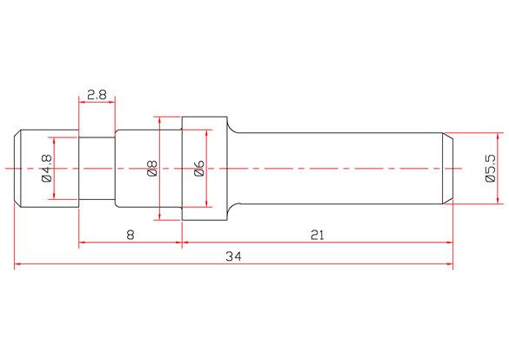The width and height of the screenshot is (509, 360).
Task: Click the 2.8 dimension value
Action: click(x=97, y=95)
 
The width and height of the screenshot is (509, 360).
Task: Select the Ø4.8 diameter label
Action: click(x=46, y=168)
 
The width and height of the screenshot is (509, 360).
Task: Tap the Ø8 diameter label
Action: click(x=151, y=168)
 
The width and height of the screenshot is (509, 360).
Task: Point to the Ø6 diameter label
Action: click(x=198, y=168)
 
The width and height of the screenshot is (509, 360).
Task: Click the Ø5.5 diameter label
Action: click(x=490, y=168)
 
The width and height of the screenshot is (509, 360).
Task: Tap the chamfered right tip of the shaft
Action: click(x=448, y=167)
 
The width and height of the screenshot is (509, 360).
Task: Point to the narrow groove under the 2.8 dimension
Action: click(x=97, y=167)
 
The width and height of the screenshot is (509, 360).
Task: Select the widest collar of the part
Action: click(x=206, y=167)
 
